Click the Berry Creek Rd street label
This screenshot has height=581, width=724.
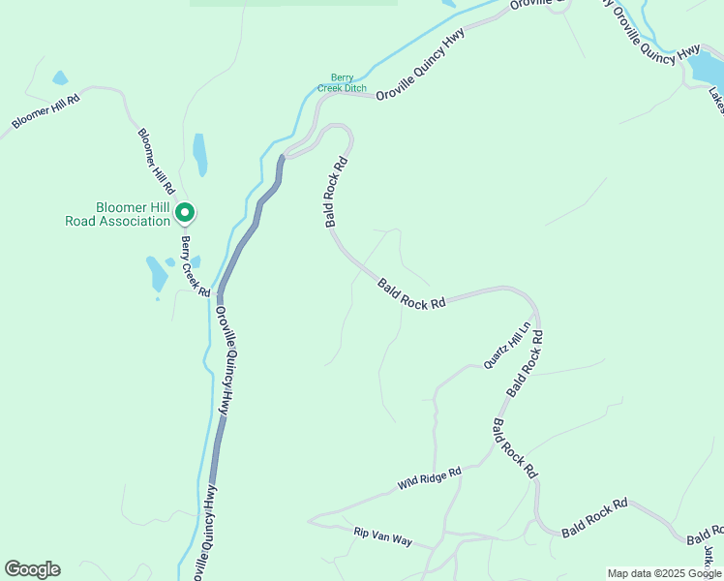[x=196, y=266]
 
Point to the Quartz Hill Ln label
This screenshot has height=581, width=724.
[x=508, y=346]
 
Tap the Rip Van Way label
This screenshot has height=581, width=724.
[x=382, y=535]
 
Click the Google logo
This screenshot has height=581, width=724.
[x=32, y=569]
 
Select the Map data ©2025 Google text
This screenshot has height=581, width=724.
[x=664, y=573]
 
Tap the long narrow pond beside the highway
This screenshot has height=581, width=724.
[x=200, y=154]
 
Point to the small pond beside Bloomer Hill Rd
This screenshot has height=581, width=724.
[x=60, y=77]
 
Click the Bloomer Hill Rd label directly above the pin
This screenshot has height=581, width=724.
[x=155, y=160]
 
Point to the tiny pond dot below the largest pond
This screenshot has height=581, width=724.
[x=158, y=298]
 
